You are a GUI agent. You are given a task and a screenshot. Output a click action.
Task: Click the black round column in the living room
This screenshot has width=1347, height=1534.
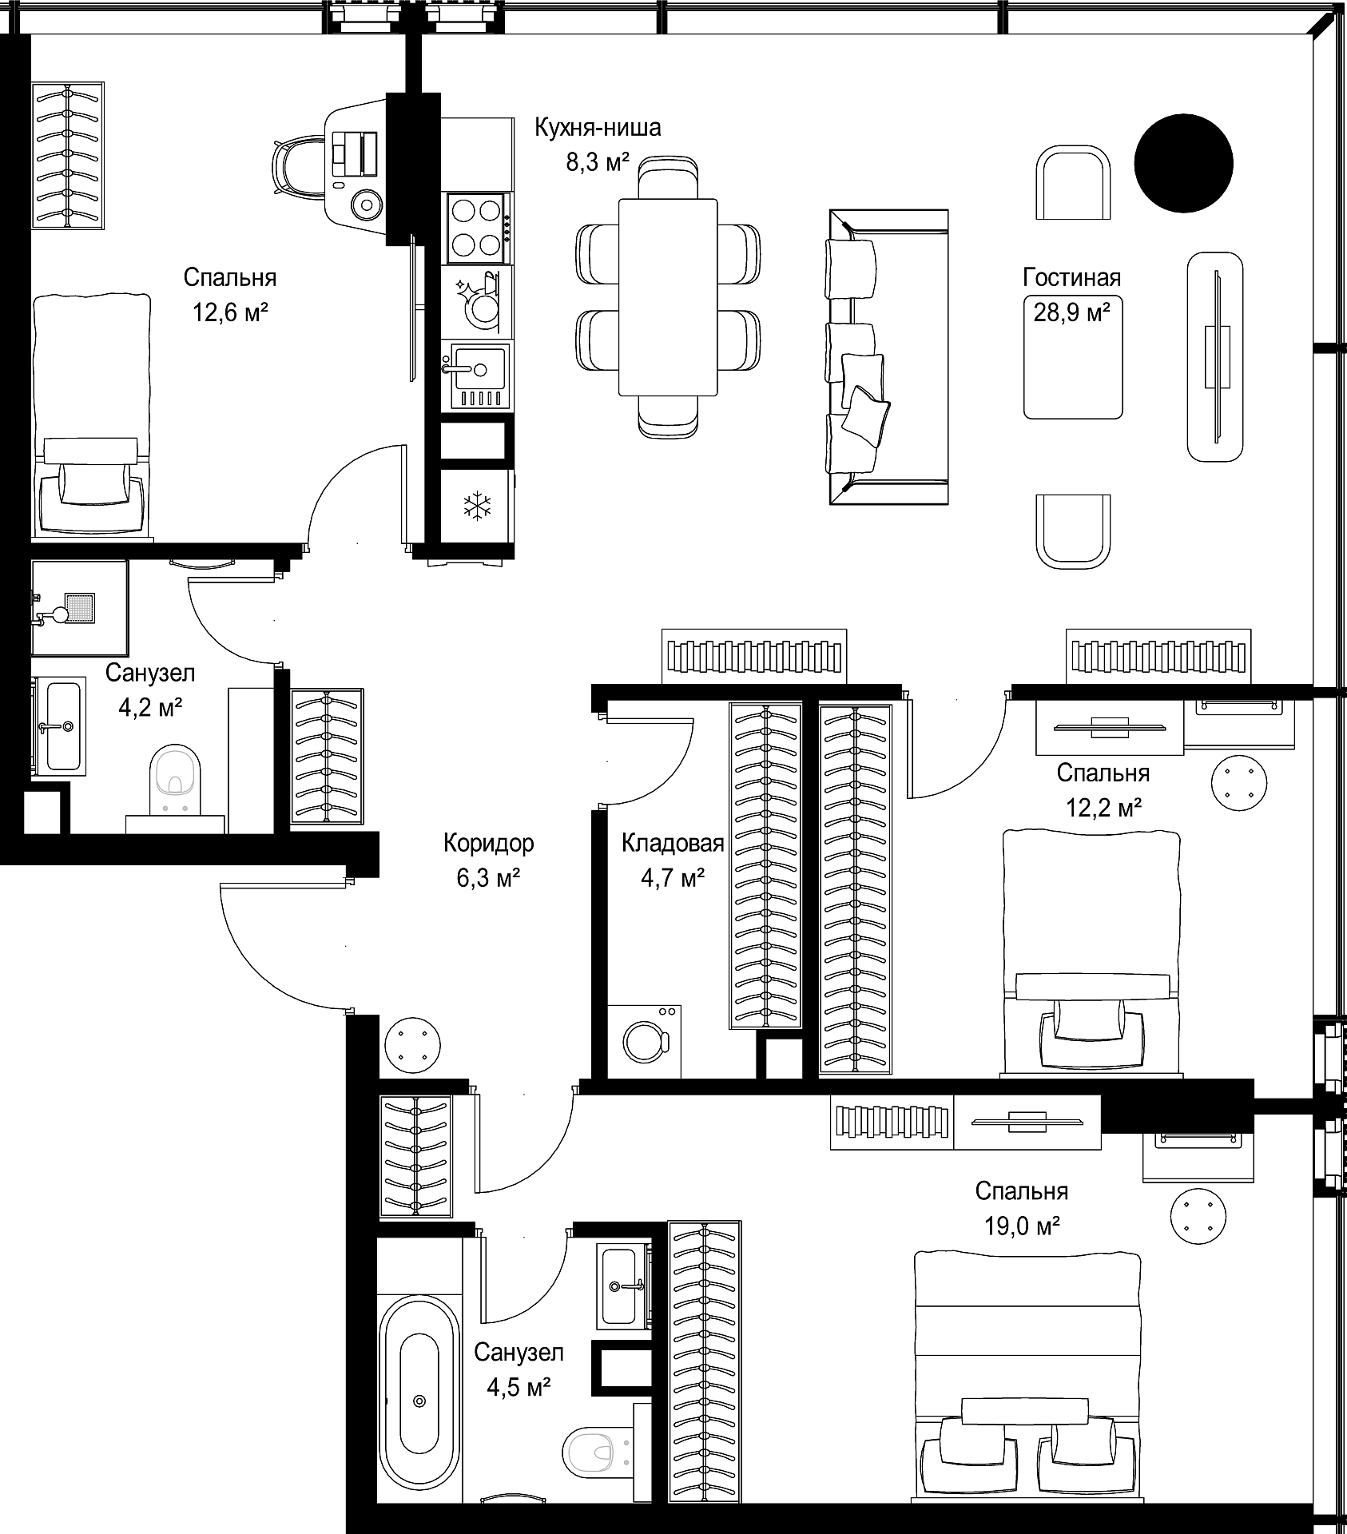tap(1184, 163)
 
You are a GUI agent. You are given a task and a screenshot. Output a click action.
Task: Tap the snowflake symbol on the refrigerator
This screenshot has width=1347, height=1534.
tap(479, 507)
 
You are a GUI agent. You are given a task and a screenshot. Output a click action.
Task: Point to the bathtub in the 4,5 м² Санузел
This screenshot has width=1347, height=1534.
tap(419, 1409)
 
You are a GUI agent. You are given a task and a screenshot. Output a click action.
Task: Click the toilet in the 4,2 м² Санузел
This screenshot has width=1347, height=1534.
tap(176, 781)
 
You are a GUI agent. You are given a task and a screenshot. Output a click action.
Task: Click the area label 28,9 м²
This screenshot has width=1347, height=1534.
tap(1072, 312)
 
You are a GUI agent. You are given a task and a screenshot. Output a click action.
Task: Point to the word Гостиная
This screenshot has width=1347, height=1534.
tap(1072, 277)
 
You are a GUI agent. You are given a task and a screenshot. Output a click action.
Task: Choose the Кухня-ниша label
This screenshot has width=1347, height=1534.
tap(598, 127)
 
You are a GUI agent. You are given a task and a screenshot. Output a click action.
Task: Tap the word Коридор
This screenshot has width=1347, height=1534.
tap(489, 842)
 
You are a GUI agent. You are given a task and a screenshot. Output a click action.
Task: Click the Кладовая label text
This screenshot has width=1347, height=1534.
tap(673, 842)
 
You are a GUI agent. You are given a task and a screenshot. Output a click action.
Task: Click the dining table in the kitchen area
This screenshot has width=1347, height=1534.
tap(669, 296)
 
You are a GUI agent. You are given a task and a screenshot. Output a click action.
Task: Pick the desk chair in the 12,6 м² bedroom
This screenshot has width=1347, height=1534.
tap(301, 167)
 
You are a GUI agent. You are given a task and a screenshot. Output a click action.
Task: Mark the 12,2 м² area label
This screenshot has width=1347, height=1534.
tap(1103, 807)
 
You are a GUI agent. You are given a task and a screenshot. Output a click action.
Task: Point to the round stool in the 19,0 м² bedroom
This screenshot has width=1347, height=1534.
tap(1198, 1216)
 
